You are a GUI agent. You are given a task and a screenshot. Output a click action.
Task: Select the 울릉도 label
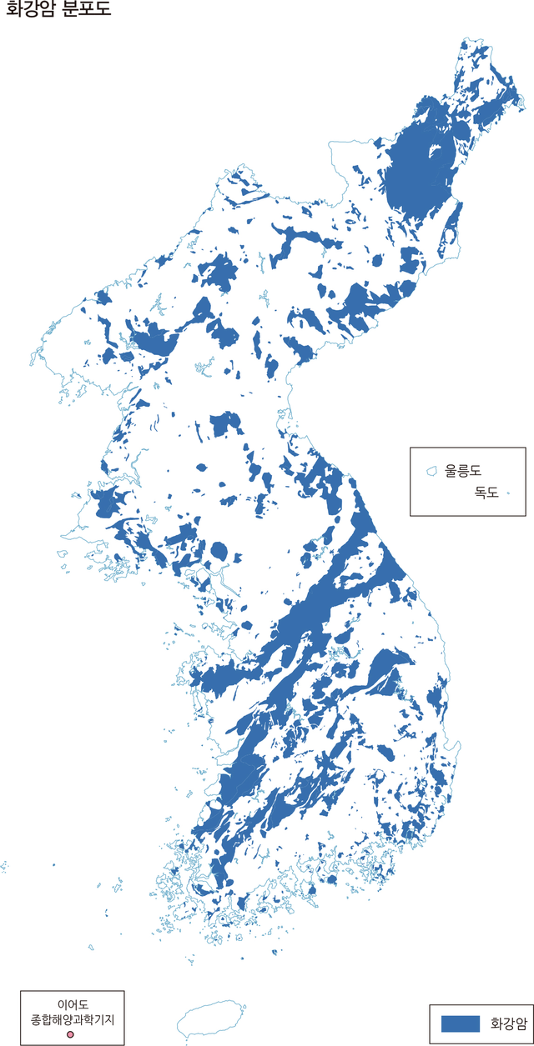[x=464, y=471]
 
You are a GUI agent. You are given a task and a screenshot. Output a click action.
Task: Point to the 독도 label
[x=486, y=493]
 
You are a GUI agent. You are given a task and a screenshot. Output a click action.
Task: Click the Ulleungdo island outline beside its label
[x=432, y=472]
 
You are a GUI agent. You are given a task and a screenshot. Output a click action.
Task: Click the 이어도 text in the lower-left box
[x=73, y=1004]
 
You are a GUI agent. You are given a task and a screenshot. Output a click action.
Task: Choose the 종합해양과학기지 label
[x=73, y=1019]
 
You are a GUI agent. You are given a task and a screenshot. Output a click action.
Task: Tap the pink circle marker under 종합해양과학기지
[x=71, y=1034]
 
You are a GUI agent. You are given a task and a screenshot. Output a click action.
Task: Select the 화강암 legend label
[x=509, y=1023]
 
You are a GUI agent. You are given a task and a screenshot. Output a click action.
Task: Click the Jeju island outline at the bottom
[x=211, y=1020]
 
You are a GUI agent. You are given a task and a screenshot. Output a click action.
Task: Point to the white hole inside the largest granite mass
[x=434, y=153]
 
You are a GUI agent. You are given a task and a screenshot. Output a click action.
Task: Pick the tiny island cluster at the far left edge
[x=3, y=868]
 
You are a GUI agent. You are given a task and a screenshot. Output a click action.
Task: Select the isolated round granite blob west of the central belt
[x=219, y=551]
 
